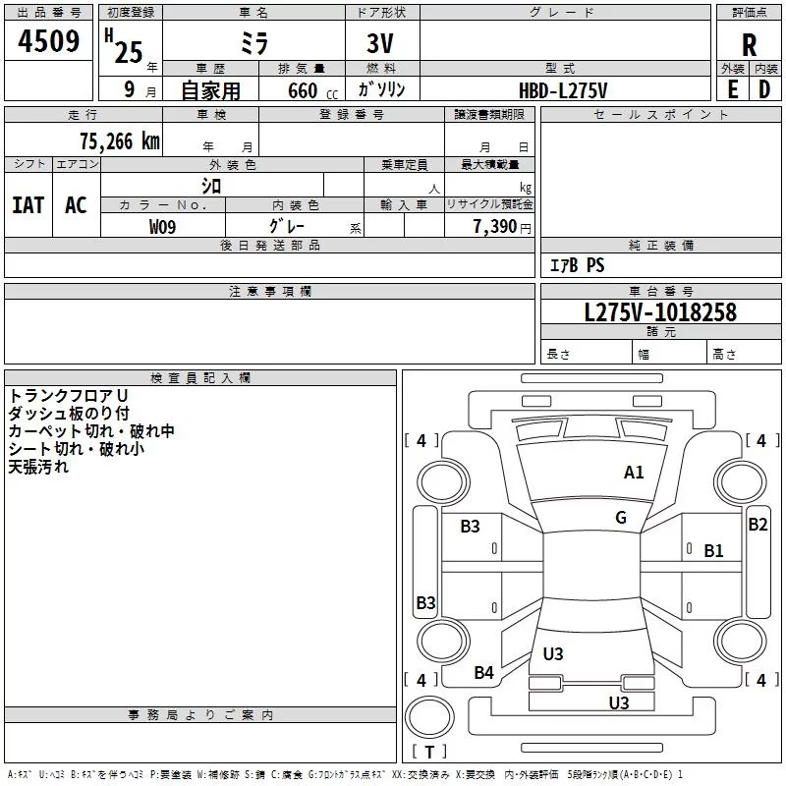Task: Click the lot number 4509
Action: (48, 41)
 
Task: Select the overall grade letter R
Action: (749, 44)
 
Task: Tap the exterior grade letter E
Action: (732, 89)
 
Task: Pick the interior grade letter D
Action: (764, 89)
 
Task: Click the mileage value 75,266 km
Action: (120, 141)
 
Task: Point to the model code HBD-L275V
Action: (563, 90)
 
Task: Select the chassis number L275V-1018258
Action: (660, 312)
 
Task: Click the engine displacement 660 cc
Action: (312, 90)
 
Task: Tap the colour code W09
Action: (162, 227)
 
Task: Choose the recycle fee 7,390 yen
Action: (502, 227)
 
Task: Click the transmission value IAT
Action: (28, 205)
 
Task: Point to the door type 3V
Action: (380, 43)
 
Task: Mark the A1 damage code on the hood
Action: (634, 473)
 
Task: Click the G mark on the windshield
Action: (621, 518)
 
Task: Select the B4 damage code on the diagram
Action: (483, 673)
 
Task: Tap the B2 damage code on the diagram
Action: (758, 525)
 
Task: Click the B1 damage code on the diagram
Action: (713, 551)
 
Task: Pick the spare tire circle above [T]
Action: (429, 717)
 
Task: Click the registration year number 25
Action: (129, 52)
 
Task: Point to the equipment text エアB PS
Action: (577, 265)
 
